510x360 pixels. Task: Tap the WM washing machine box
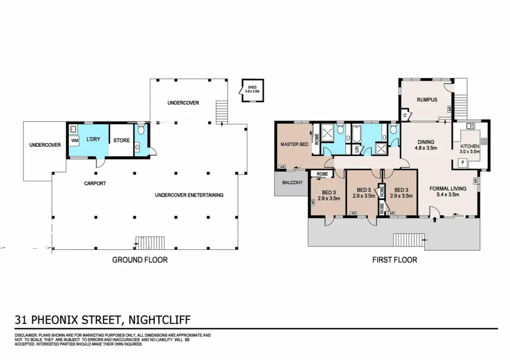pos(75,141)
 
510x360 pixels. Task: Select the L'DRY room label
pos(93,139)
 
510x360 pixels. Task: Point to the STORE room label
pos(122,140)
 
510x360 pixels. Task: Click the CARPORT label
pos(95,183)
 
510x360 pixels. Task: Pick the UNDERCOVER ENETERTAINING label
pos(189,195)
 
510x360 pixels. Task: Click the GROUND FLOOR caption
pos(140,260)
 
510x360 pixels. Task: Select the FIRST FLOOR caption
pos(394,260)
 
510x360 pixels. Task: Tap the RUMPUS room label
pos(427,100)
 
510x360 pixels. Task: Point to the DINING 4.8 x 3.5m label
pos(426,145)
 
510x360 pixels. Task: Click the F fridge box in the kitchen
pos(463,163)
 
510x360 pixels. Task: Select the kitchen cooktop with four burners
pos(484,141)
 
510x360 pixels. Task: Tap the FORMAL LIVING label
pos(448,191)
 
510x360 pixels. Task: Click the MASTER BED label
pos(294,144)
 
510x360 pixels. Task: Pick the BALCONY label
pos(292,182)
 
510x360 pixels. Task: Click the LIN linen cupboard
pos(356,149)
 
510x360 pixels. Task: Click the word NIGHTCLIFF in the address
pos(159,320)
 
